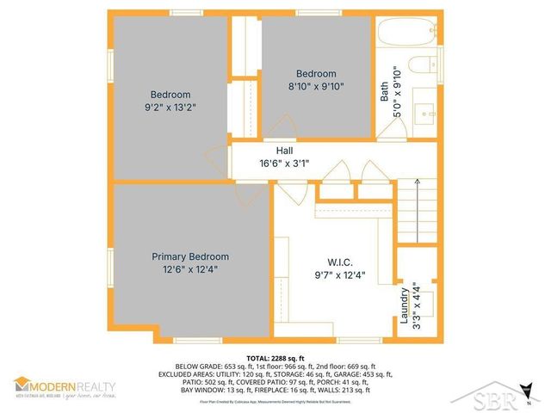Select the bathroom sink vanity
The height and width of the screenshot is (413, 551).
pyautogui.click(x=424, y=112)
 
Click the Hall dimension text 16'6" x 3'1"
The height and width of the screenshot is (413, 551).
pyautogui.click(x=280, y=163)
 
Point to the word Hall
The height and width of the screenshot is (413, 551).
pyautogui.click(x=272, y=150)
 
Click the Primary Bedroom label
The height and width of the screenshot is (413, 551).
pyautogui.click(x=190, y=256)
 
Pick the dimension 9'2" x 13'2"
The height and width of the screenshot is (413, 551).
pyautogui.click(x=170, y=108)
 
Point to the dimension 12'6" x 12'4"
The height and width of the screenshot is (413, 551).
pyautogui.click(x=190, y=270)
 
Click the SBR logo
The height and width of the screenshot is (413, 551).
pyautogui.click(x=500, y=398)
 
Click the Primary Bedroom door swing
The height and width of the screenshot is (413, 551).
pyautogui.click(x=253, y=194)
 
